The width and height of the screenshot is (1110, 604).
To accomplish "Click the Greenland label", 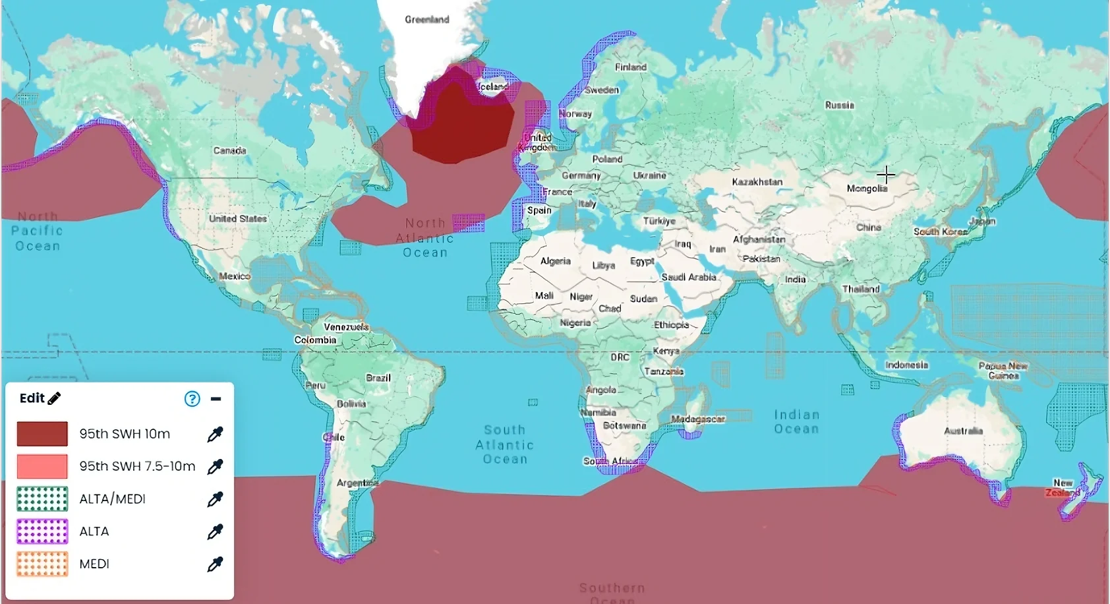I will (x=426, y=20).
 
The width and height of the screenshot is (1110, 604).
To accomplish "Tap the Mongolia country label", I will (x=867, y=189).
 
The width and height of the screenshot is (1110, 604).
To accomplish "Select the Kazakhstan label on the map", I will (x=757, y=181).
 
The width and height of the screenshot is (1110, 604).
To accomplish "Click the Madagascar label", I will (x=698, y=419).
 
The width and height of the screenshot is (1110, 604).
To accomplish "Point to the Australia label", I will (x=963, y=431).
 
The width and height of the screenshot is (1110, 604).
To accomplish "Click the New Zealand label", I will (x=1062, y=488).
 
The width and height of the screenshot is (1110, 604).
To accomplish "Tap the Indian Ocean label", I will (x=796, y=421).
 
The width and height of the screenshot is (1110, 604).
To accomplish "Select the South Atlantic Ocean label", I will (x=505, y=444).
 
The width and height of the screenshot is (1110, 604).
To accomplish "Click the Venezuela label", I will (x=346, y=327).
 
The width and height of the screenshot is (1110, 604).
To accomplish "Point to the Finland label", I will (x=630, y=67).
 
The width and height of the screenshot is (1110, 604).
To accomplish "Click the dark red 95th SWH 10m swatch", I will (x=42, y=434).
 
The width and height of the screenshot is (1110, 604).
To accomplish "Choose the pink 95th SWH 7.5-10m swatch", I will (x=42, y=466).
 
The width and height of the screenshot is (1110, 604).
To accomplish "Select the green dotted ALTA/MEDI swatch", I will (x=42, y=499).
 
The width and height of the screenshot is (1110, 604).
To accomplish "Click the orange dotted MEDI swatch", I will (x=42, y=564).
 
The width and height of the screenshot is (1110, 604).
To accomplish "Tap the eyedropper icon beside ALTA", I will (x=215, y=531).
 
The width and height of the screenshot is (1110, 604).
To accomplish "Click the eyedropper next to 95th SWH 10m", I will (x=215, y=434).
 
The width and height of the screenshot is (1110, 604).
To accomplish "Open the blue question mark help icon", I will (x=192, y=399).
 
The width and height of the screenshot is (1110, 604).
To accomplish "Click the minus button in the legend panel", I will (x=216, y=399).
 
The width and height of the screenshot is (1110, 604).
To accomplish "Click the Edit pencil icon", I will (x=55, y=398).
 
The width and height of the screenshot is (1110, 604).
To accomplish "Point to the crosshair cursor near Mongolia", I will (x=886, y=175).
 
